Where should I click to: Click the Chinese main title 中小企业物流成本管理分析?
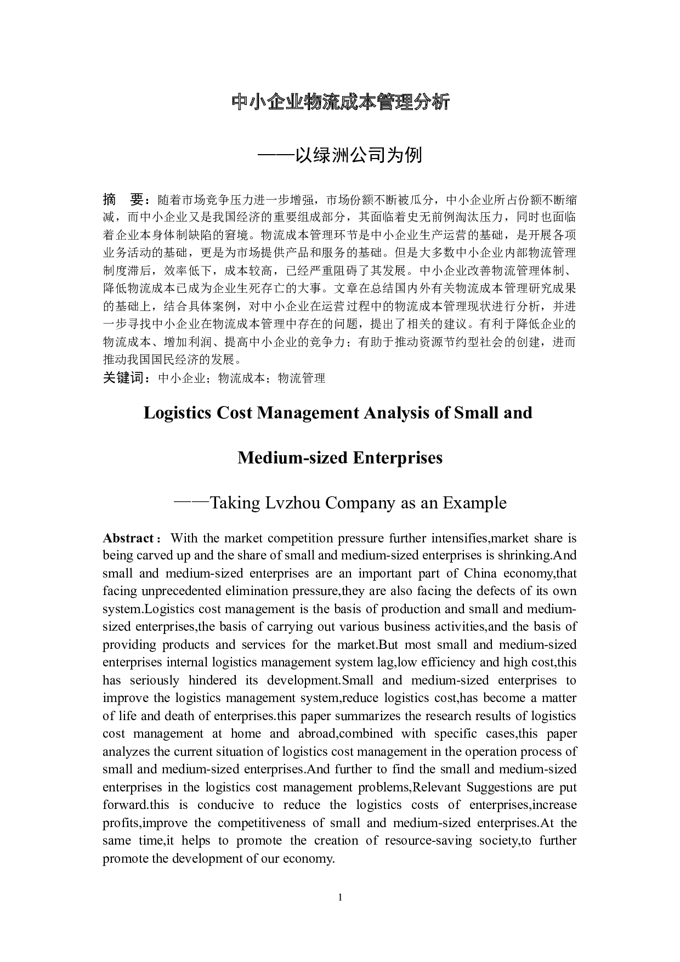(x=340, y=102)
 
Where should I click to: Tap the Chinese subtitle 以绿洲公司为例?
(x=359, y=155)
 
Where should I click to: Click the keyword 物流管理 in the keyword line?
(x=302, y=378)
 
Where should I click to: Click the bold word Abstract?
(x=128, y=538)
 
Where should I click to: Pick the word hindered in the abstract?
(x=212, y=681)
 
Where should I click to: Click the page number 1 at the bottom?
(x=340, y=898)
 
